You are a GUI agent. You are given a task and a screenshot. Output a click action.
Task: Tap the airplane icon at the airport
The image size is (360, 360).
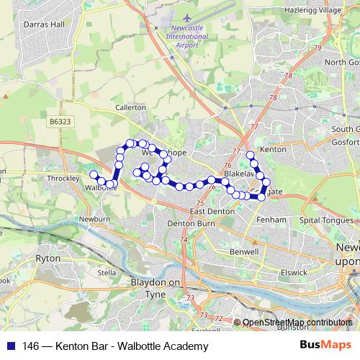[x=187, y=17]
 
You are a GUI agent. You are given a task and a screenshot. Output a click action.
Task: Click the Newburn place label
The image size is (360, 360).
[x=94, y=218]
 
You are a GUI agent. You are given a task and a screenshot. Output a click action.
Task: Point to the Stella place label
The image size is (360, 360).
[x=107, y=273]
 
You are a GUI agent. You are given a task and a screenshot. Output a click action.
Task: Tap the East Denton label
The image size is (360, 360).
[x=210, y=211]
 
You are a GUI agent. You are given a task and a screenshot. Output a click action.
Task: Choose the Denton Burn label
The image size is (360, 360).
[x=186, y=224]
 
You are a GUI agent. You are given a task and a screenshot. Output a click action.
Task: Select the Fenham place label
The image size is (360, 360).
[x=275, y=220]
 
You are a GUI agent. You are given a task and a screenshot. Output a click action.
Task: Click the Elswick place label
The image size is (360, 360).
[x=294, y=273]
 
